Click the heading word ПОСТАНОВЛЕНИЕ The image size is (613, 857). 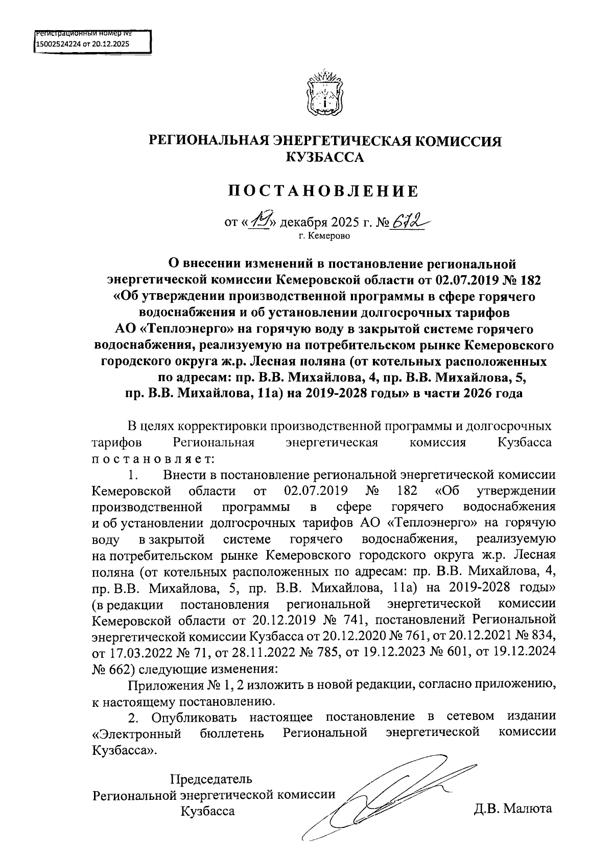click(x=324, y=191)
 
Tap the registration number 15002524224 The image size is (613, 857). click(x=58, y=44)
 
